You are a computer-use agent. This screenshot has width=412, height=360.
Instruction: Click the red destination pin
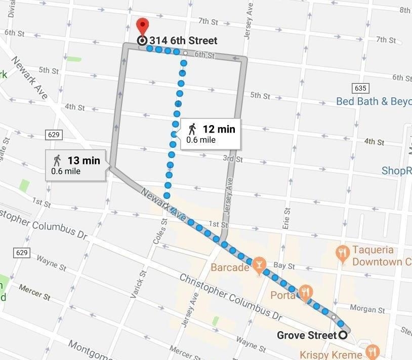tap(143, 25)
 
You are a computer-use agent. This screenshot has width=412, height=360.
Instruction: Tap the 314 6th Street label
tap(183, 41)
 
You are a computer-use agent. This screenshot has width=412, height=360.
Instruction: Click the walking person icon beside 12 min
tap(192, 129)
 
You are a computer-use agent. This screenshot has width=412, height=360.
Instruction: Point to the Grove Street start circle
tap(344, 335)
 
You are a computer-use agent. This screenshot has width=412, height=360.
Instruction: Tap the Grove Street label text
tap(306, 335)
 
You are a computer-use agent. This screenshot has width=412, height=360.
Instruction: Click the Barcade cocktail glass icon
tap(259, 264)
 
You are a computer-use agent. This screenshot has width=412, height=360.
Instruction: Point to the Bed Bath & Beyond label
tap(374, 101)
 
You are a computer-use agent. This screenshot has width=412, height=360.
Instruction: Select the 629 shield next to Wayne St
tap(22, 252)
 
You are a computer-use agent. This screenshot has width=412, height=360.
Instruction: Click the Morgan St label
tap(367, 308)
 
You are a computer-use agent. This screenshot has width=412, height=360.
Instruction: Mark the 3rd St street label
tap(233, 159)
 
